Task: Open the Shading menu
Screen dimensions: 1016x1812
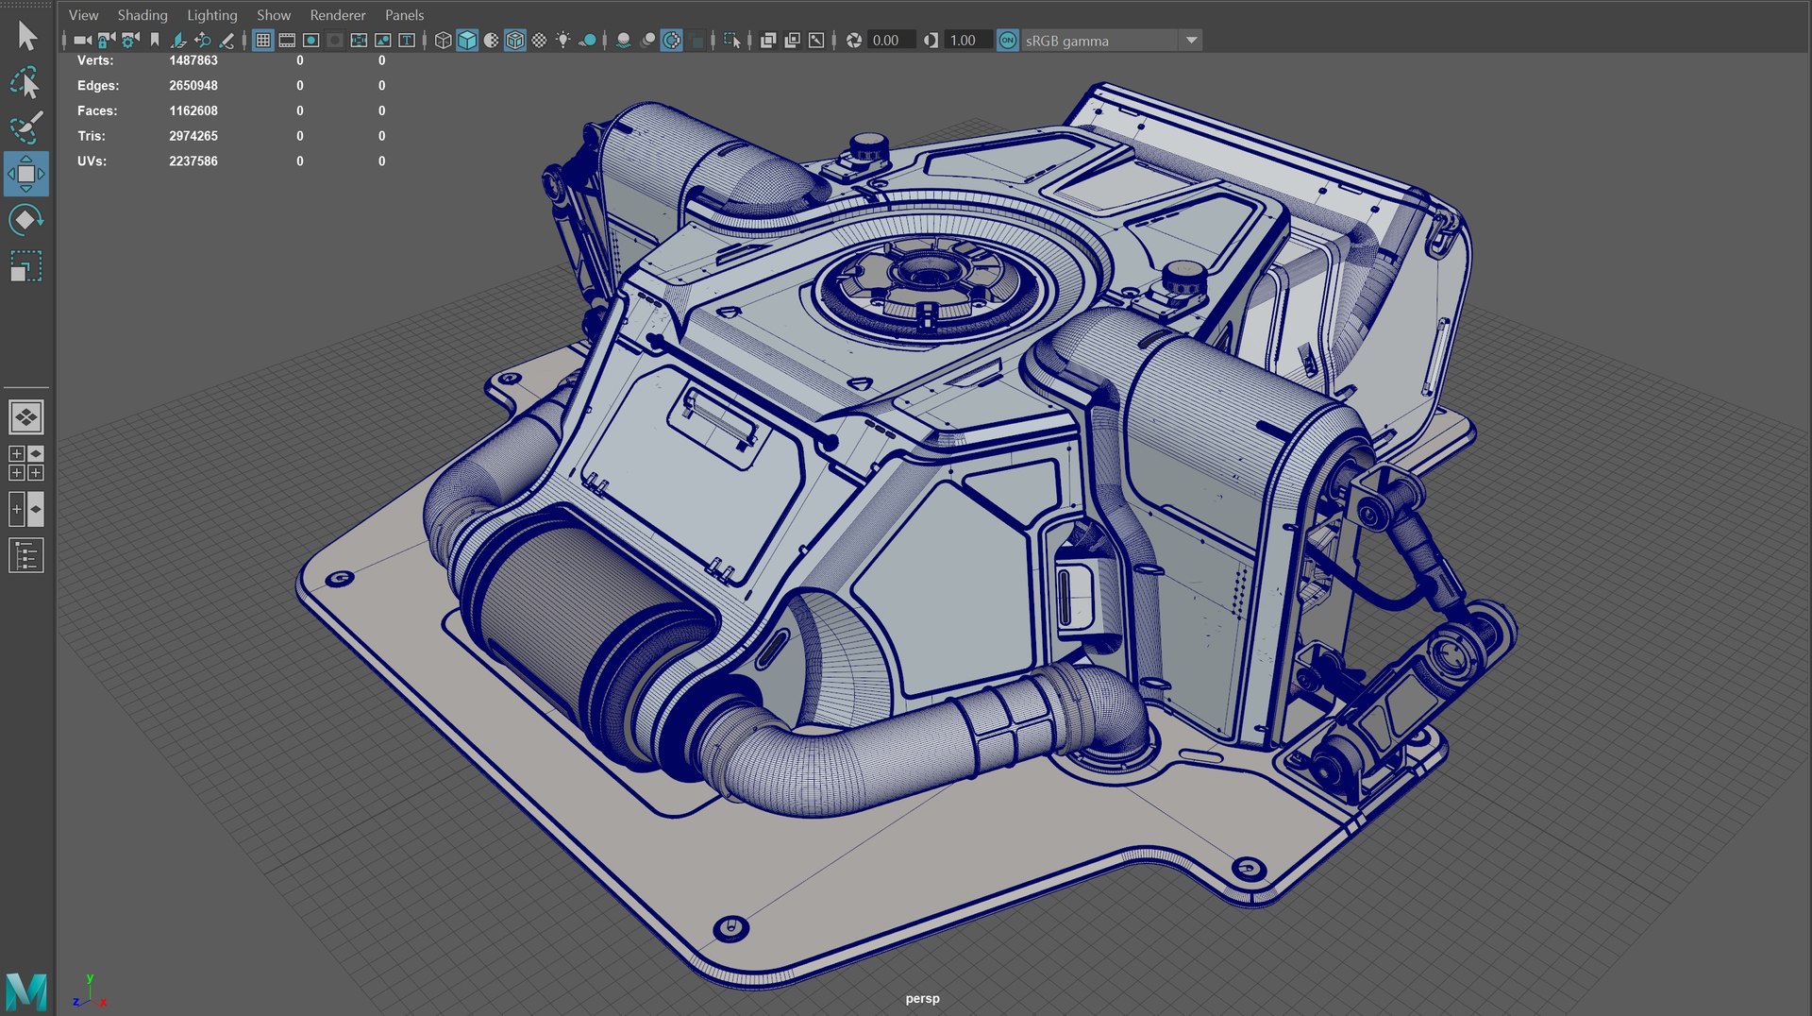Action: coord(142,15)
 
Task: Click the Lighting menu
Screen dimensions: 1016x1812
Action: coord(211,15)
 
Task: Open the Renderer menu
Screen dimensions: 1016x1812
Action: coord(337,15)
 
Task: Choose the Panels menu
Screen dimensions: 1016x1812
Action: coord(404,15)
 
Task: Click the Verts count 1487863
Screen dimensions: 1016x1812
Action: coord(193,60)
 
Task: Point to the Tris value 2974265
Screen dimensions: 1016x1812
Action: coord(193,136)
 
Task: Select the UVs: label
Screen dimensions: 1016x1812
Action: coord(92,161)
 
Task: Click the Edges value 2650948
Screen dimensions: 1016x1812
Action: coord(193,86)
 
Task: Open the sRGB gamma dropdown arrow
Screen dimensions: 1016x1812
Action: coord(1191,41)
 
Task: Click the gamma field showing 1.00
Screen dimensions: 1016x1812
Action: coord(963,41)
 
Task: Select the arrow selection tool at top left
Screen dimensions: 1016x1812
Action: coord(26,36)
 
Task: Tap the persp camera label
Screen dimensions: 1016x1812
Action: coord(922,998)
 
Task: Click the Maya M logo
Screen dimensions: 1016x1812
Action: coord(25,991)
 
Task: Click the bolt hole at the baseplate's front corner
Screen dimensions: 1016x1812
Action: coord(730,928)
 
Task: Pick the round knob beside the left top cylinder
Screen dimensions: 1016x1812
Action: coord(867,147)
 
